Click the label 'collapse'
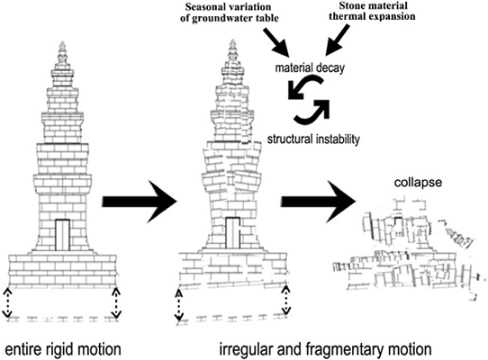418,183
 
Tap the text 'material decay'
310,67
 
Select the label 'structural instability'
313,139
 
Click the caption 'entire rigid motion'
63,349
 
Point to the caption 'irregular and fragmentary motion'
326,349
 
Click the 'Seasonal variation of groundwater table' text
230,13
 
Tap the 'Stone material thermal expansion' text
372,11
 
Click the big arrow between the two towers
140,202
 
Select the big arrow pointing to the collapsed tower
319,202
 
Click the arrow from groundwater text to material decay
276,42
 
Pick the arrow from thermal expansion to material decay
338,40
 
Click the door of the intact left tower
62,235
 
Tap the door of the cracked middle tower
232,233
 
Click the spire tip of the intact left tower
63,42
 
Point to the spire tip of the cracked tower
232,40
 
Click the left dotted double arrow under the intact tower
7,302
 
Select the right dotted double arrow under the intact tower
116,302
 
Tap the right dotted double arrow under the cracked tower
285,300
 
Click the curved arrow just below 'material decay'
305,87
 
